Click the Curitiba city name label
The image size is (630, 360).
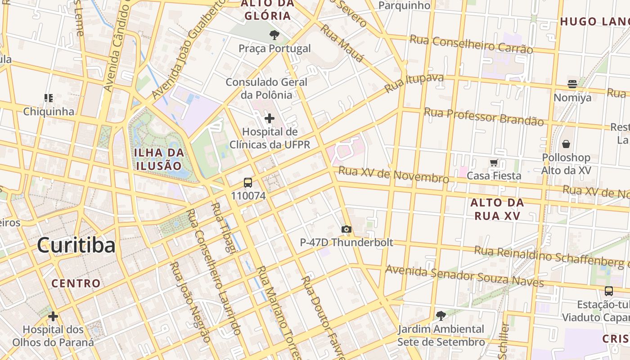pos(76,245)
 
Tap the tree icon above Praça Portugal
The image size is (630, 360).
pos(274,35)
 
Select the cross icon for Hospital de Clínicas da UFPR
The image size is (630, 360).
pos(269,118)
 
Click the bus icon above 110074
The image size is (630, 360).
pos(248,183)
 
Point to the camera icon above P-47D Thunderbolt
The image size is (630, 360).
pos(346,229)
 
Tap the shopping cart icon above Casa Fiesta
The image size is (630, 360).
pos(494,162)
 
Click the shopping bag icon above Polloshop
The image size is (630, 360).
pos(566,144)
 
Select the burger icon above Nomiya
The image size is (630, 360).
pos(572,84)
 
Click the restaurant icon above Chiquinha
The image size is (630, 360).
pos(49,98)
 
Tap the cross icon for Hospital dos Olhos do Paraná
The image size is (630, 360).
pos(53,316)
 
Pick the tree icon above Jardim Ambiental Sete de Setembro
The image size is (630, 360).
pos(441,315)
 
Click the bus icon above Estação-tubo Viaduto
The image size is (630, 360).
pos(608,291)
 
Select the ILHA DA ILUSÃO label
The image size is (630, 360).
pos(159,159)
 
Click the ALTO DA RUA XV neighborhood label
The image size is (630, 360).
pos(497,209)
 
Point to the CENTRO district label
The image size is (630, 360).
pos(76,283)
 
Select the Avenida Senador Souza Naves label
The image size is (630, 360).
pos(465,276)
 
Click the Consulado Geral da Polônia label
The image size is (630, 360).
pos(266,88)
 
